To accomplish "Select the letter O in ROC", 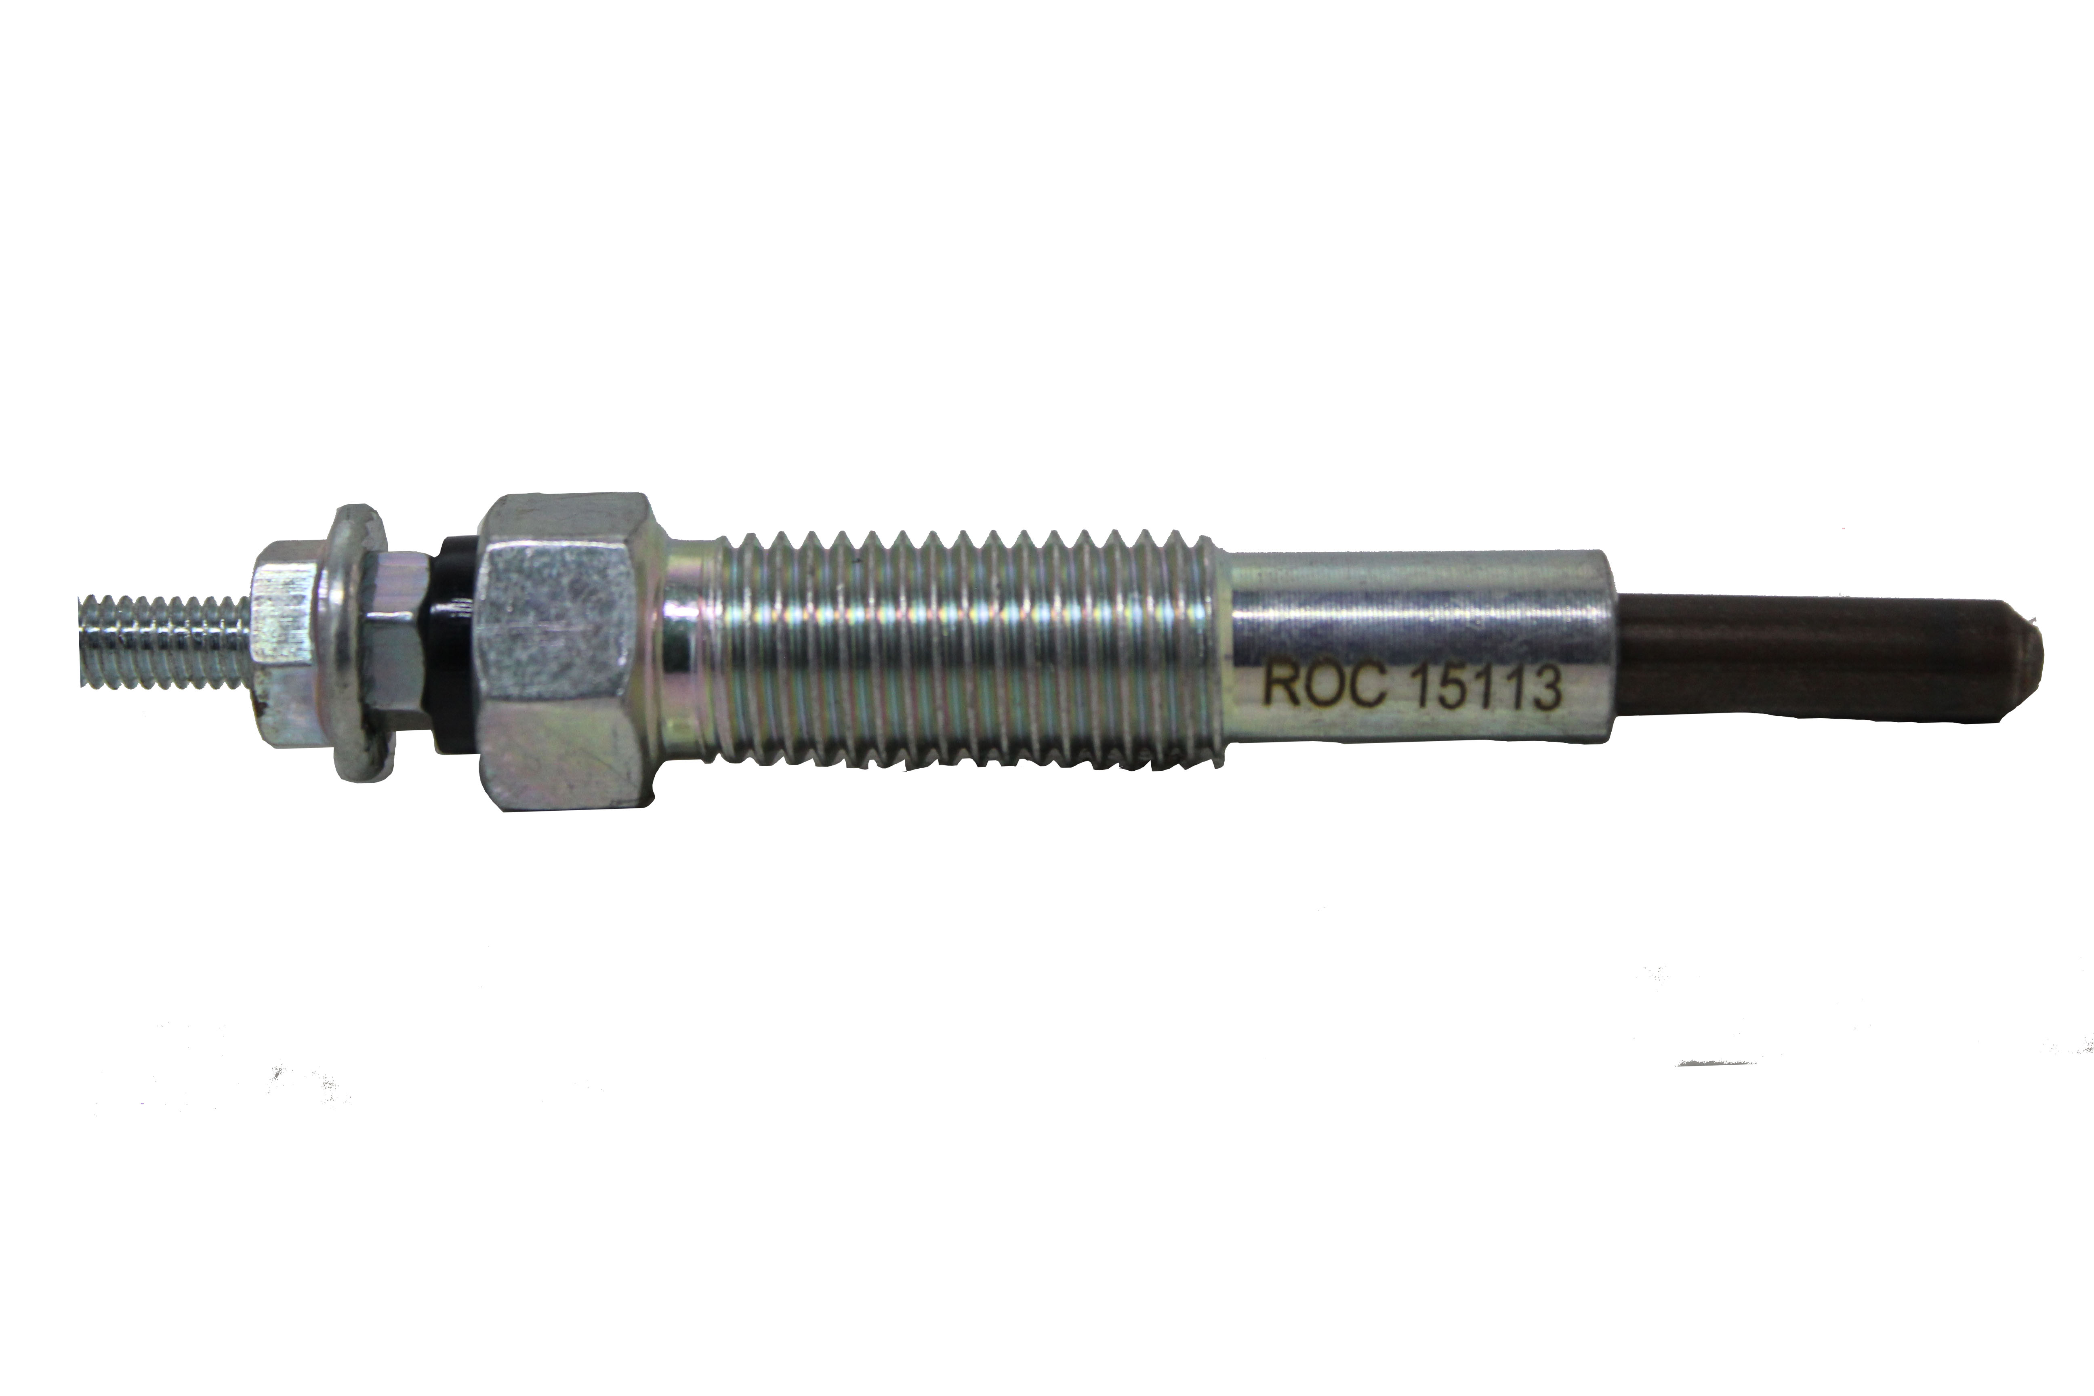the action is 1323,686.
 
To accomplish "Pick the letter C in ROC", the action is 1365,687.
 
